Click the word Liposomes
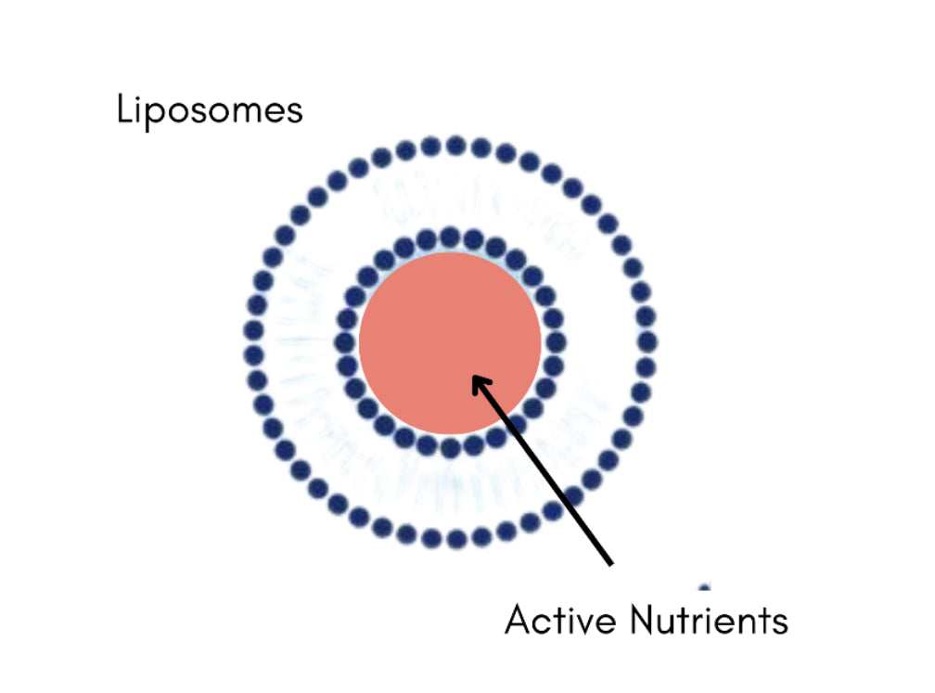tap(210, 110)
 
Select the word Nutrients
tap(707, 619)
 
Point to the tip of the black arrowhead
tap(474, 376)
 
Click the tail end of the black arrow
tap(611, 562)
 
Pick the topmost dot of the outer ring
tap(455, 146)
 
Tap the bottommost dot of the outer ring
tap(455, 539)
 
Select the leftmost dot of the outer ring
tap(252, 330)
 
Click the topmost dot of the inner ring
tap(450, 236)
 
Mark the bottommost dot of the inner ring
tap(450, 449)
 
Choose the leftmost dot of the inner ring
tap(346, 341)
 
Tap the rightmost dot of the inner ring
tap(556, 341)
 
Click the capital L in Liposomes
tap(125, 110)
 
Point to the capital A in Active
tap(519, 619)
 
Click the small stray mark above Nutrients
tap(705, 586)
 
